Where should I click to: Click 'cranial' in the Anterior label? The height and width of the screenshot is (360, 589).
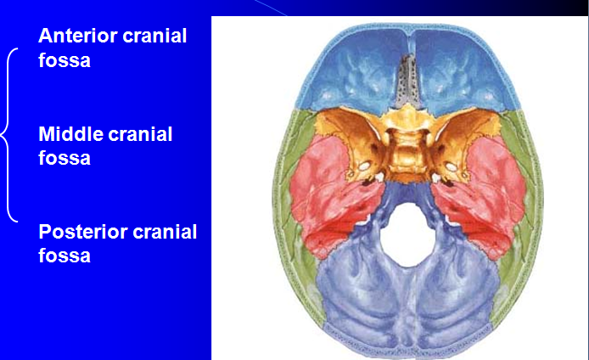[x=155, y=36]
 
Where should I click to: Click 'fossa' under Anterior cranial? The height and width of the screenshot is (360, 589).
[x=65, y=60]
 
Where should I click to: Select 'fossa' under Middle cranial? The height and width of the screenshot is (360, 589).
[x=65, y=158]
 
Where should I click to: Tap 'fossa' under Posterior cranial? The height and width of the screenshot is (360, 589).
[x=65, y=255]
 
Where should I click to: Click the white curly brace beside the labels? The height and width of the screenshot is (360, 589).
[x=10, y=136]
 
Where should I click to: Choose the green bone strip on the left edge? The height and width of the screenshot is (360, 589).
[x=296, y=144]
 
